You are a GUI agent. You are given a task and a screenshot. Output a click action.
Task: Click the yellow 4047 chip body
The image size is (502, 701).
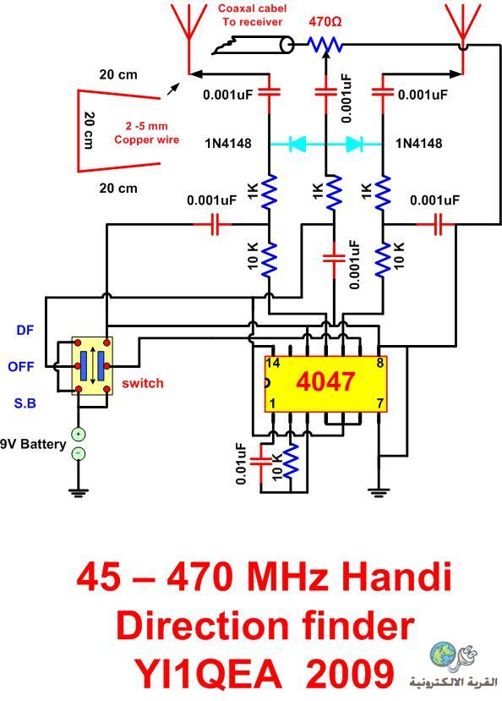click(325, 384)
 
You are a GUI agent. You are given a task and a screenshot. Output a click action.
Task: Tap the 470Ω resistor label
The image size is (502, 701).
click(325, 21)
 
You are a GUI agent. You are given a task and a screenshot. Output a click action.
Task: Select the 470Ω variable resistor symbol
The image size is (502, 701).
click(325, 44)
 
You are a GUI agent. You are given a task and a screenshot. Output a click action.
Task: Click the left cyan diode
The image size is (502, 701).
click(297, 144)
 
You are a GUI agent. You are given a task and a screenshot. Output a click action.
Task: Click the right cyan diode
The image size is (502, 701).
click(354, 144)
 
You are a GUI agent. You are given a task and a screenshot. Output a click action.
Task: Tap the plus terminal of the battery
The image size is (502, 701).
click(78, 434)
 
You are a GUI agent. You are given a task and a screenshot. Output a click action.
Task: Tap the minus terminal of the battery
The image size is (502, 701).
click(78, 453)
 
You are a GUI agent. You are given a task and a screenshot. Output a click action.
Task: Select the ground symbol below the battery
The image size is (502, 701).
click(78, 493)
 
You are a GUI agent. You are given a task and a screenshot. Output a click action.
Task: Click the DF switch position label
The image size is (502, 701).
click(25, 330)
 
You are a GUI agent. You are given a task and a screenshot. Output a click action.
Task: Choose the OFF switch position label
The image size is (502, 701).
click(21, 367)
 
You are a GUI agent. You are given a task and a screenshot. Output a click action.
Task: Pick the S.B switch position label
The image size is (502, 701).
click(25, 403)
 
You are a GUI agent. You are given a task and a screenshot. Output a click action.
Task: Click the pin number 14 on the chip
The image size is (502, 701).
click(273, 363)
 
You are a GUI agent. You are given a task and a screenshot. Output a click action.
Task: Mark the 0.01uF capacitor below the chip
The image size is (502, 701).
click(261, 462)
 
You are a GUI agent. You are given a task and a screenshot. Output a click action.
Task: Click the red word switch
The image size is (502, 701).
click(143, 383)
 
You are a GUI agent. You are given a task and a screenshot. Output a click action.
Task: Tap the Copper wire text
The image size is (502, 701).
click(146, 140)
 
